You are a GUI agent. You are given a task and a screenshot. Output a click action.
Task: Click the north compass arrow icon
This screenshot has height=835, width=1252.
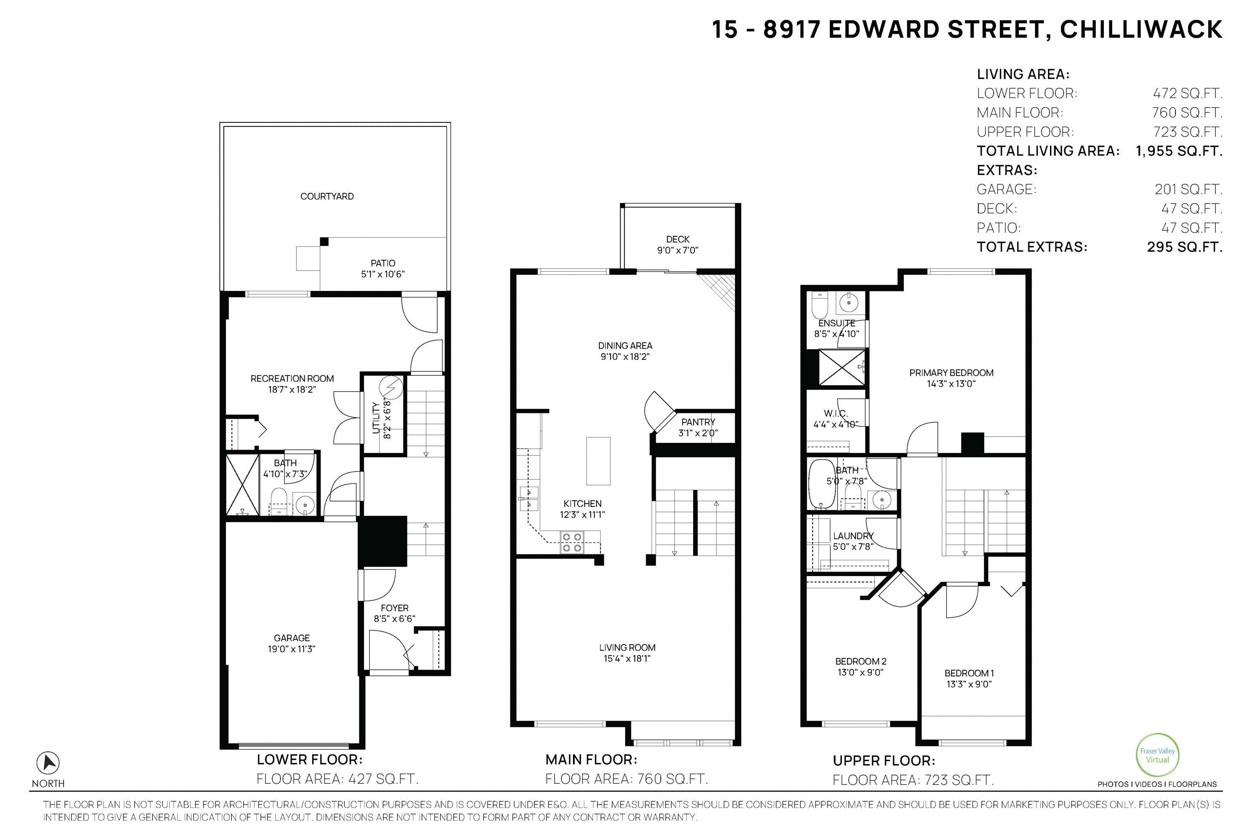[x=48, y=763]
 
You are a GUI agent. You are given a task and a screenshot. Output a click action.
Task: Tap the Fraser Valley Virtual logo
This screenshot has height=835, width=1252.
[x=1157, y=755]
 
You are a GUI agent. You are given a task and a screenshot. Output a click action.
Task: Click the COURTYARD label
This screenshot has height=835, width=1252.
[x=327, y=197]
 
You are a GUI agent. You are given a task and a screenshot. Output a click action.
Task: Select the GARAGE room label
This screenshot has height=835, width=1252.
[x=292, y=638]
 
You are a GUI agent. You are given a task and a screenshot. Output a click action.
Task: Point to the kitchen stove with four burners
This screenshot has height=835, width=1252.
[x=572, y=542]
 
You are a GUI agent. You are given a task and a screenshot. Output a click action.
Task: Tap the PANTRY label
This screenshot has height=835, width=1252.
[x=698, y=422]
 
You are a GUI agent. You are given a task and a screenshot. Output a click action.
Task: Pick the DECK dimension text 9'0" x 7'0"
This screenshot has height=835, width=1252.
[x=678, y=250]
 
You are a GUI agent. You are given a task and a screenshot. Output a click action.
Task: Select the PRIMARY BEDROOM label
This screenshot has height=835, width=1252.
[x=951, y=373]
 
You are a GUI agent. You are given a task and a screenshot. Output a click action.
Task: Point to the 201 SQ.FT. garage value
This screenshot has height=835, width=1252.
[x=1188, y=190]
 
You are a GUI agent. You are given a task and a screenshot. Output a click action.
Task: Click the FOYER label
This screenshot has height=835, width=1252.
[x=394, y=608]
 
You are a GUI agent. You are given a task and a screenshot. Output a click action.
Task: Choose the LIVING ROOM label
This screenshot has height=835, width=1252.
[x=627, y=648]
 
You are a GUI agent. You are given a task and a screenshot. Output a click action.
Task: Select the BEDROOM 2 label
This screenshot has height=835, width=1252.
[x=861, y=661]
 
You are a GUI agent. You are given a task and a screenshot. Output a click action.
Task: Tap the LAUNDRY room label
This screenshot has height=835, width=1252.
[x=853, y=536]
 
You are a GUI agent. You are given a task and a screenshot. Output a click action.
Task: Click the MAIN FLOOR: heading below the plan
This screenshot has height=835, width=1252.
[x=591, y=759]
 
